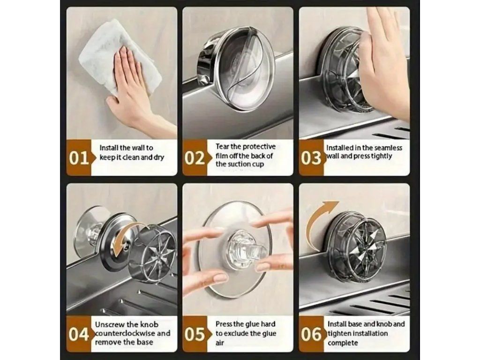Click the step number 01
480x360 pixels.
tap(79, 158)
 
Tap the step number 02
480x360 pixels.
tap(195, 158)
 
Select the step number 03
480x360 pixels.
tap(311, 158)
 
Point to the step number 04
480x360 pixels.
tap(79, 334)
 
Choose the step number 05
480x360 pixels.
tap(195, 334)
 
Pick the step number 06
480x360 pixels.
tap(311, 334)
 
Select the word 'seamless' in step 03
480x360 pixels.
tap(388, 148)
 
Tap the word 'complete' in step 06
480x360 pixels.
tap(343, 343)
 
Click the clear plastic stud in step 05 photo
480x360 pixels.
tap(245, 248)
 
